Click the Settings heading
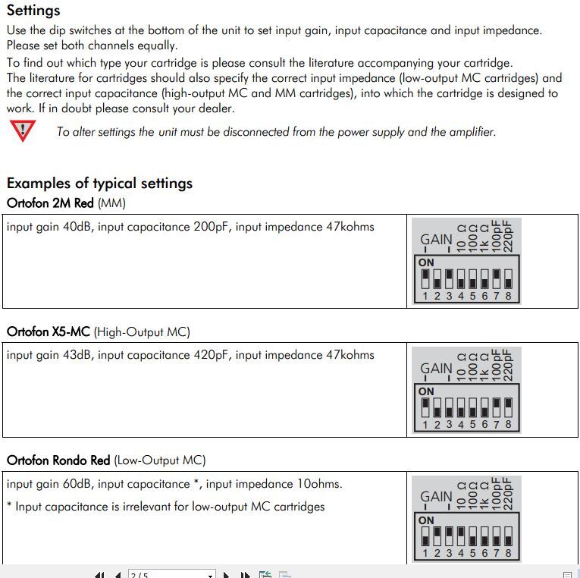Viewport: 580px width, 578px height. [x=33, y=11]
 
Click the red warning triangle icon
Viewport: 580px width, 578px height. [x=23, y=131]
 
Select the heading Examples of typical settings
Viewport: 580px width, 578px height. [x=99, y=184]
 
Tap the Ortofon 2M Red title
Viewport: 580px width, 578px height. [x=51, y=203]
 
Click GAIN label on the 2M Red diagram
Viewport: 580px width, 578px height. [x=436, y=240]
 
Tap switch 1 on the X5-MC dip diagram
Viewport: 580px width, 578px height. [x=425, y=408]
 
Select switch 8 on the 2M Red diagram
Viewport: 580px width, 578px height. [x=508, y=280]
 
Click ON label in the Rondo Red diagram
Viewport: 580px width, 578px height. [x=426, y=520]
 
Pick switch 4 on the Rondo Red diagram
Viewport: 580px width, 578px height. [x=460, y=537]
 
